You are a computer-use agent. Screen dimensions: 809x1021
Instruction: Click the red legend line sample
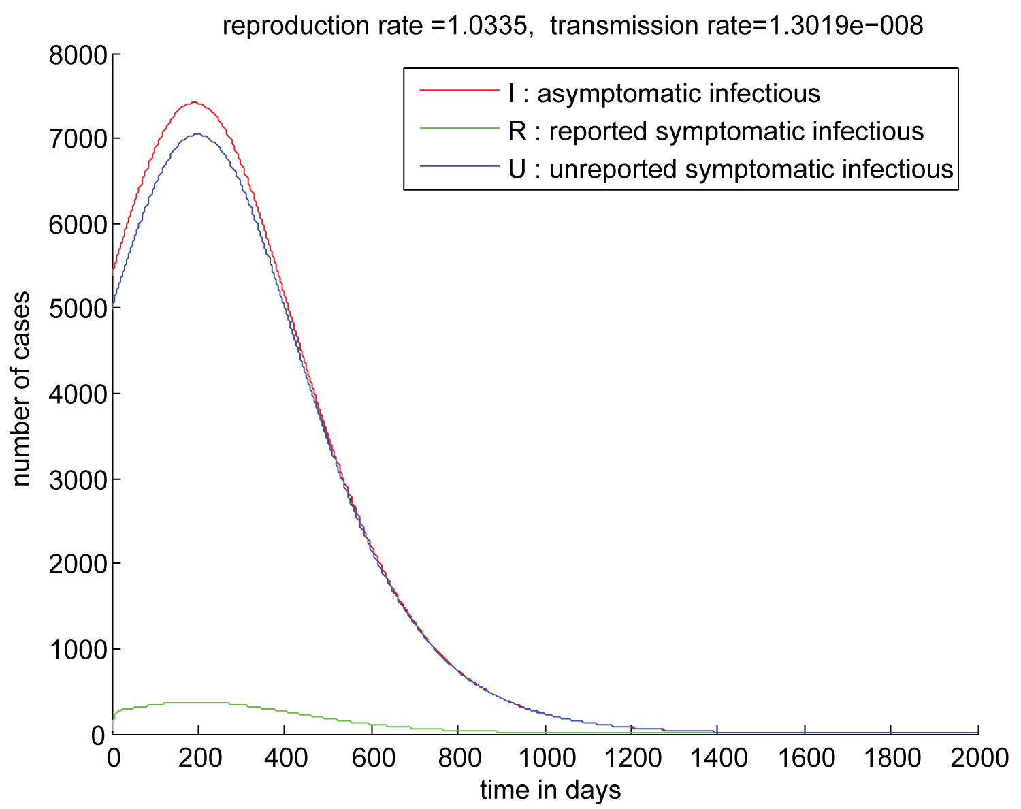(x=459, y=90)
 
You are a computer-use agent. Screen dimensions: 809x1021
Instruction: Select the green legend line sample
(x=459, y=128)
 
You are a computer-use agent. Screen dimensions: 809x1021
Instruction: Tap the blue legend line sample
(x=459, y=165)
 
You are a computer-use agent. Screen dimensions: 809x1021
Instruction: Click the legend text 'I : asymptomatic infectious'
(x=664, y=93)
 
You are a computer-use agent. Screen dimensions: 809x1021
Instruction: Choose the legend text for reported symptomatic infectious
(x=716, y=131)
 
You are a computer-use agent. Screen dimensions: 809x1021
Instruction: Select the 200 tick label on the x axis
(x=199, y=757)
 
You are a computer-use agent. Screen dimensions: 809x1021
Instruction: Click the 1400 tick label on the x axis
(x=718, y=757)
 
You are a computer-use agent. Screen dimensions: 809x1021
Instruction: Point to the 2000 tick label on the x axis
(x=977, y=757)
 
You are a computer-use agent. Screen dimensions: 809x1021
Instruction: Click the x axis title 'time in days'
(x=550, y=791)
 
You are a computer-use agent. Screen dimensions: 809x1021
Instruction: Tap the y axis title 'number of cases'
(x=22, y=389)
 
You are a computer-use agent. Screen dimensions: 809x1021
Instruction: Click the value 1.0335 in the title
(x=488, y=26)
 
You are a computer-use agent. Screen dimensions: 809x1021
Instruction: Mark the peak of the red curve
(x=194, y=102)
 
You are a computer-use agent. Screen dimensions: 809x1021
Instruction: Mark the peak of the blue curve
(x=197, y=133)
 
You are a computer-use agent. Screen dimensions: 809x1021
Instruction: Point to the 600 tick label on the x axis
(x=372, y=757)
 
